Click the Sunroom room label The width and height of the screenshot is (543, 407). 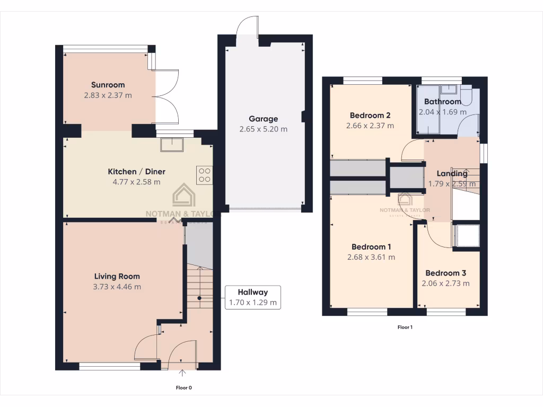[108, 85]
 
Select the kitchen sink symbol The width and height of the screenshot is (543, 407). [173, 145]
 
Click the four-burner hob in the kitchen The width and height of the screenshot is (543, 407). [204, 174]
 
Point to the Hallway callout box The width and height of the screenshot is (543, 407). [252, 297]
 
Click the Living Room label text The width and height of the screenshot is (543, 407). [117, 276]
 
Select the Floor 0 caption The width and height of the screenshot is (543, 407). [183, 387]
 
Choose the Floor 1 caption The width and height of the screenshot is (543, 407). [405, 327]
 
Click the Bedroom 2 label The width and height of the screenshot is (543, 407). [370, 116]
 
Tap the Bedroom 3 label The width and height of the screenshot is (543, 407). [445, 273]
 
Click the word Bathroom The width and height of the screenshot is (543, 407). [442, 102]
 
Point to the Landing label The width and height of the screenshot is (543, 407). [452, 173]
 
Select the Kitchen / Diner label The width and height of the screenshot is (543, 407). [136, 172]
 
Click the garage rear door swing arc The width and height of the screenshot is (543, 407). [247, 25]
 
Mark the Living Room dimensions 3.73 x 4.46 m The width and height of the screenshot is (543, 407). [117, 287]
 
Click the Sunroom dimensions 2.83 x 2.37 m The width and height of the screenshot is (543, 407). [108, 95]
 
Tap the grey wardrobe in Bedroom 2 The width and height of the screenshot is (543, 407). [357, 168]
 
